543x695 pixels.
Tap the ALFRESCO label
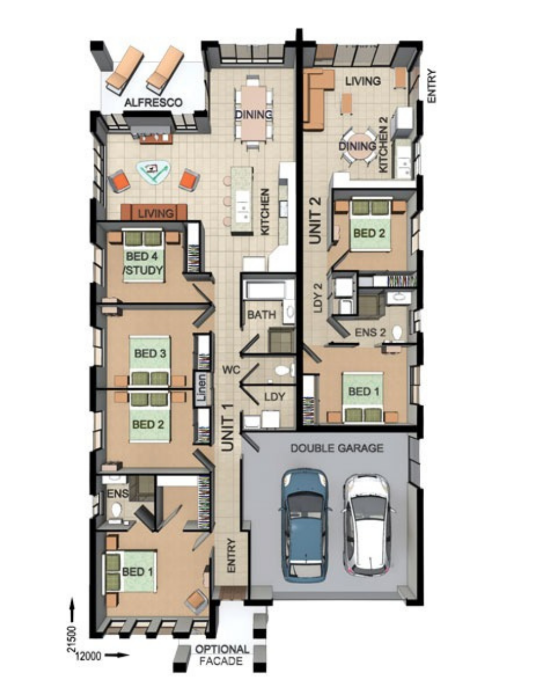pos(153,103)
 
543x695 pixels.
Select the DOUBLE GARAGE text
pos(337,448)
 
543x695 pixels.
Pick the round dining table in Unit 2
pos(358,146)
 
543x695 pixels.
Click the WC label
pos(231,370)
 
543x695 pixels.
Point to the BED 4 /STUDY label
pos(143,263)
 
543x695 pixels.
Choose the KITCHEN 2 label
pos(383,144)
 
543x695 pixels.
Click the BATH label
pos(262,315)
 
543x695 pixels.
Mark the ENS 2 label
pos(370,333)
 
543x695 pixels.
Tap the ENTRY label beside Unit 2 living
pos(432,86)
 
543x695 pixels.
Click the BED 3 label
pos(150,353)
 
